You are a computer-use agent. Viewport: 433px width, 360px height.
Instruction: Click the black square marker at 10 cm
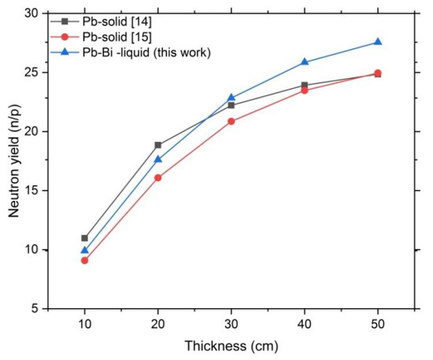(84, 238)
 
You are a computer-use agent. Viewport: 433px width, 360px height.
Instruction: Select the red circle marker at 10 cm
(84, 260)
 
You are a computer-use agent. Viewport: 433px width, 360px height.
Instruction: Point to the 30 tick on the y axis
(31, 13)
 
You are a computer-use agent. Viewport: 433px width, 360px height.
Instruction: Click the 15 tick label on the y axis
(31, 191)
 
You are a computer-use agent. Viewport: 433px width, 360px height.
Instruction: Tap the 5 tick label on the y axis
(34, 309)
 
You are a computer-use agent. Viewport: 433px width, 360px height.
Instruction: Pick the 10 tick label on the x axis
(84, 324)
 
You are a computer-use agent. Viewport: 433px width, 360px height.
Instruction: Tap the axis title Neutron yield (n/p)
(11, 161)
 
